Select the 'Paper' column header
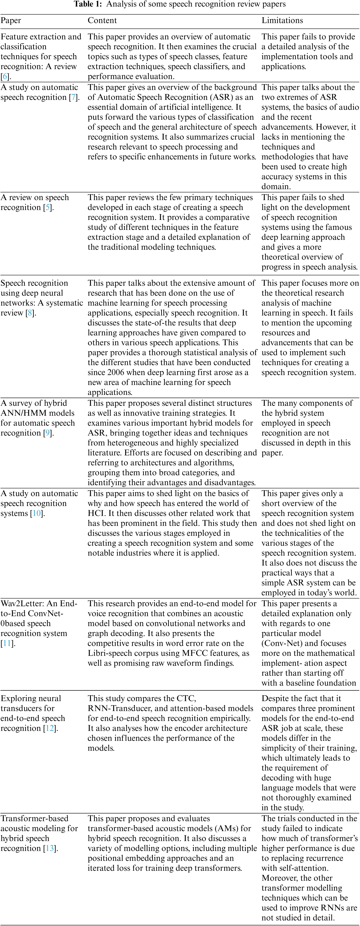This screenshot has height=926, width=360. (11, 20)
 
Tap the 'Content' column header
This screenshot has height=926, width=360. (102, 20)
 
